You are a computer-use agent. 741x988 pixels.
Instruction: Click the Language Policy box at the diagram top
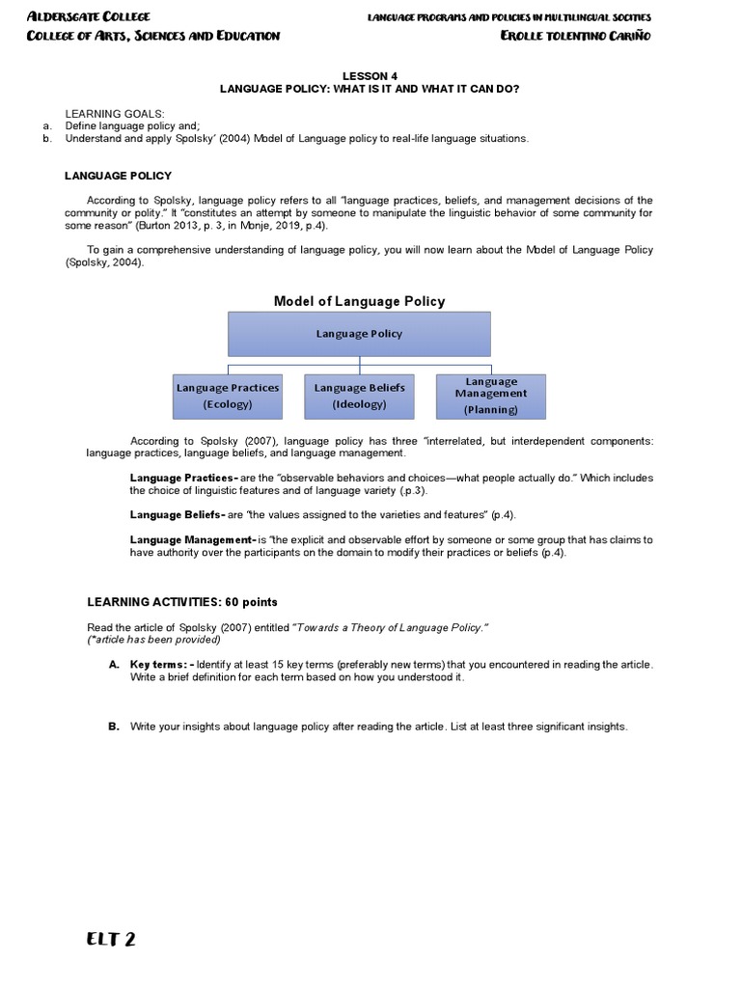359,334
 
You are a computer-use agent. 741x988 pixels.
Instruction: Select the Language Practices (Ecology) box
228,396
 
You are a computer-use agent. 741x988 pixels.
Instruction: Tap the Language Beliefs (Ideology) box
359,396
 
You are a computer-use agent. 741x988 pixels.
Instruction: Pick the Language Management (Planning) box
491,396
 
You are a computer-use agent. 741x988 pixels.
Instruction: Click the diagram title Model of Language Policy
359,301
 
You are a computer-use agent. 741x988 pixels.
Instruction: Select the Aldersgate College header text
89,17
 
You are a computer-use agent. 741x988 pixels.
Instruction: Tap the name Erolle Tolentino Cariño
577,36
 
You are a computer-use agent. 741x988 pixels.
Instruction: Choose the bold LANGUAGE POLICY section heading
118,176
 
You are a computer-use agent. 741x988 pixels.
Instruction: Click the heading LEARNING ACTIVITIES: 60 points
182,602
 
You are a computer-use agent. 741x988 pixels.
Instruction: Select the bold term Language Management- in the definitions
192,540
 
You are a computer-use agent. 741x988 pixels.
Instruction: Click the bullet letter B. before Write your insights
113,727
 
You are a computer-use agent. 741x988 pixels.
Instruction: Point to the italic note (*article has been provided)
153,640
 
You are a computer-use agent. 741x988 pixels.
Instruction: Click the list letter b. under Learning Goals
46,138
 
